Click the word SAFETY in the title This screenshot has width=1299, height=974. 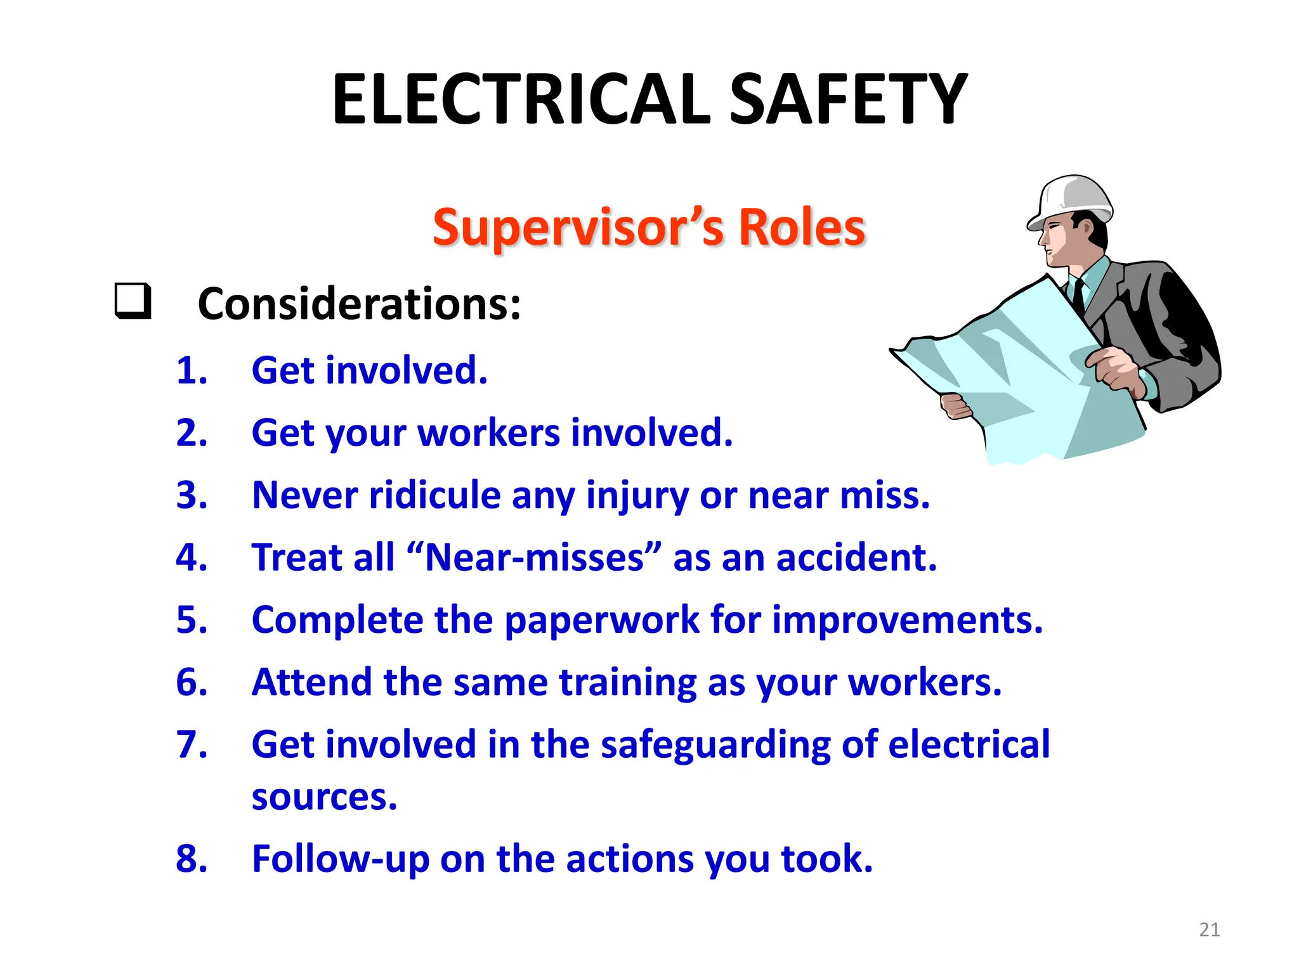tap(848, 100)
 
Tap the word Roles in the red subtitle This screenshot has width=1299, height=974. tap(802, 227)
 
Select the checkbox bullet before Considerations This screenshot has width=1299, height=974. tap(133, 301)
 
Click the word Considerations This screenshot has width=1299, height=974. tap(359, 304)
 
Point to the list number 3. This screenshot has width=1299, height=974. tap(192, 495)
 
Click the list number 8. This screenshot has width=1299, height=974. tap(192, 859)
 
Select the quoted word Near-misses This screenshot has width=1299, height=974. tap(535, 557)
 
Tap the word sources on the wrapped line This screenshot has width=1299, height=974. tap(323, 797)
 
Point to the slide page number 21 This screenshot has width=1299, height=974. tap(1210, 930)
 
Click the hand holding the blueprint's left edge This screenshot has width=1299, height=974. tap(955, 406)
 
